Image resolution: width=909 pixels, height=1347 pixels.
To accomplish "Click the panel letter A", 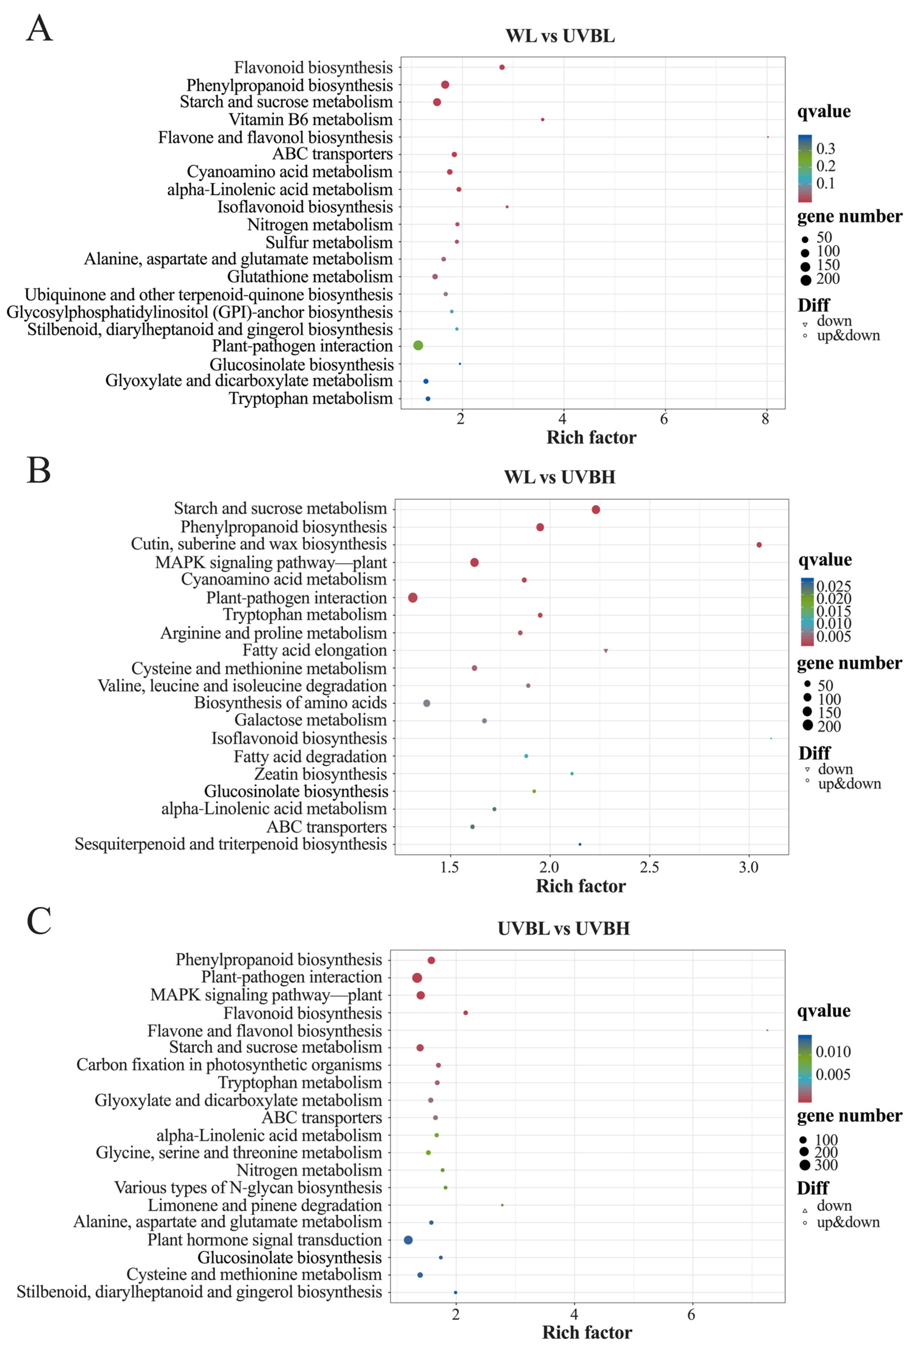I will click(x=39, y=29).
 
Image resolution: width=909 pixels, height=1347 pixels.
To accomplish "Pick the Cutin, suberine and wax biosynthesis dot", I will click(x=759, y=545).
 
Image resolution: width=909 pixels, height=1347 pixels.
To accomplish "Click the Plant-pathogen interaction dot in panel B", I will click(x=413, y=597).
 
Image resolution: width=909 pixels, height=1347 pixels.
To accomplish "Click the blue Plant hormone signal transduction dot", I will click(x=408, y=1240).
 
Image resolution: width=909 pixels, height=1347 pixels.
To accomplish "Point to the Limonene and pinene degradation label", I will click(x=265, y=1205).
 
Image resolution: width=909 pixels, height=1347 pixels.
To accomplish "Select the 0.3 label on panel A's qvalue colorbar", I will click(x=825, y=149).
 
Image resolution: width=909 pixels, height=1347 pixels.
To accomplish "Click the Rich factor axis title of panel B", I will click(x=580, y=886).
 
